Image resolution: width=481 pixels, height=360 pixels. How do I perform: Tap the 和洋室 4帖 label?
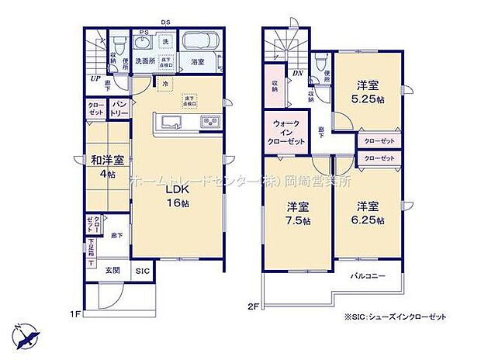pos(103,168)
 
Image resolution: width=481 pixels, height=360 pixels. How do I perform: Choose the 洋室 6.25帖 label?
pos(368,213)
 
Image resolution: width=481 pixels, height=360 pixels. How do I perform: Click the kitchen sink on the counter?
pos(171,123)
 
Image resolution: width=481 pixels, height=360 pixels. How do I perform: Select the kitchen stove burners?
pos(210,122)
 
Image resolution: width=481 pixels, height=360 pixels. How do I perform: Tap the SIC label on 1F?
pos(144,271)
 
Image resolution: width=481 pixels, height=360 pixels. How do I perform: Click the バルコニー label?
pos(365,275)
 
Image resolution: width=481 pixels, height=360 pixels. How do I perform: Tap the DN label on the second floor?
pos(298,72)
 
